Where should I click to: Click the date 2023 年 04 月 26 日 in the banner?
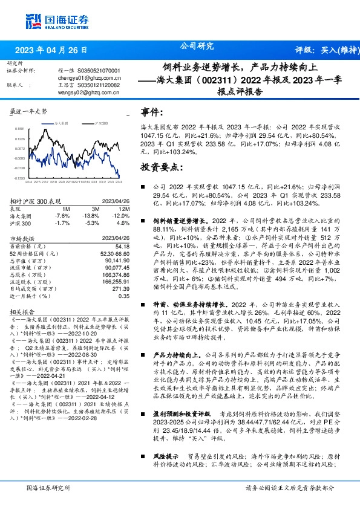click(x=51, y=50)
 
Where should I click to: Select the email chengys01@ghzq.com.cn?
click(x=87, y=78)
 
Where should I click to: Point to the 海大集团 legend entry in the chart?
click(x=59, y=122)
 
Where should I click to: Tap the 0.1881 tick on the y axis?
click(x=20, y=129)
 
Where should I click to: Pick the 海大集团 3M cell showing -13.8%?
click(x=91, y=216)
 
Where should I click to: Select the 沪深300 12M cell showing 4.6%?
click(x=123, y=223)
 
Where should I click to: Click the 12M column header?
click(x=123, y=208)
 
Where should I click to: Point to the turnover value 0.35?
click(x=124, y=296)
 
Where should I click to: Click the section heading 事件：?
click(x=152, y=113)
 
